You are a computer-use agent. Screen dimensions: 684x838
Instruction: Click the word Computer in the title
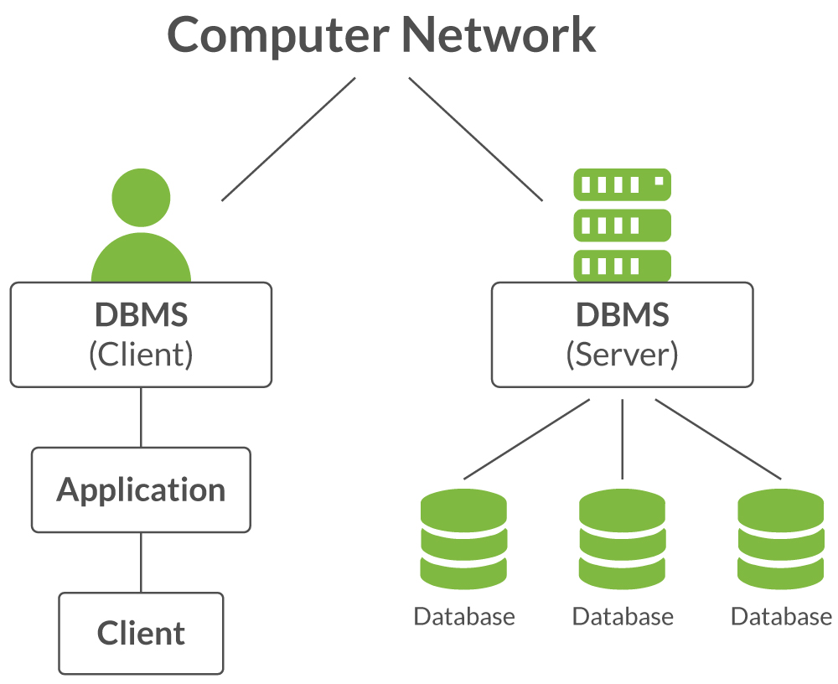[277, 35]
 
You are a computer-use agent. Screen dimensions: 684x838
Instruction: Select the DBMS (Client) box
[141, 334]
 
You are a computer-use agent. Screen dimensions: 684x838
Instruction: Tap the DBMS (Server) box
[622, 334]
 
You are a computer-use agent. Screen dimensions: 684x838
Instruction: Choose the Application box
[141, 490]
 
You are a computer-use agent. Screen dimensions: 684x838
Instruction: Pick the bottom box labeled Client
[141, 633]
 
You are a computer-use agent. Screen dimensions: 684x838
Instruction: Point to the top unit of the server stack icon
[622, 183]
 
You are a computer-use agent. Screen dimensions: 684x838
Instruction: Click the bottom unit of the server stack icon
[622, 266]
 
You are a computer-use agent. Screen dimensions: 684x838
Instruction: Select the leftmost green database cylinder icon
[463, 541]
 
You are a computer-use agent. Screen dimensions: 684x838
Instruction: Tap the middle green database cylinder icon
[622, 541]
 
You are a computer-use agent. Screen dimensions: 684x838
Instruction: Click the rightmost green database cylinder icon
[780, 541]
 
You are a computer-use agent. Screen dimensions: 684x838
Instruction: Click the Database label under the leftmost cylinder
[463, 617]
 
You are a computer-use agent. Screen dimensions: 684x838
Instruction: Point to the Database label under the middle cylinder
[622, 617]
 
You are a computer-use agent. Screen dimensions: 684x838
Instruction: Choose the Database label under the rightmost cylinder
[780, 617]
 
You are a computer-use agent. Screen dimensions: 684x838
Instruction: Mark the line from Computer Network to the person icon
[288, 139]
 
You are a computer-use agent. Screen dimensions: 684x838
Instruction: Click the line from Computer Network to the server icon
[475, 139]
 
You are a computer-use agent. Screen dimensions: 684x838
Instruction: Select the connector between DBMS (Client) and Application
[141, 417]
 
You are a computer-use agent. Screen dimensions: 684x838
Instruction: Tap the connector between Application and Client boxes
[141, 562]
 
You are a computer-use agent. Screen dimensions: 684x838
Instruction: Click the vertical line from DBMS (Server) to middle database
[622, 438]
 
